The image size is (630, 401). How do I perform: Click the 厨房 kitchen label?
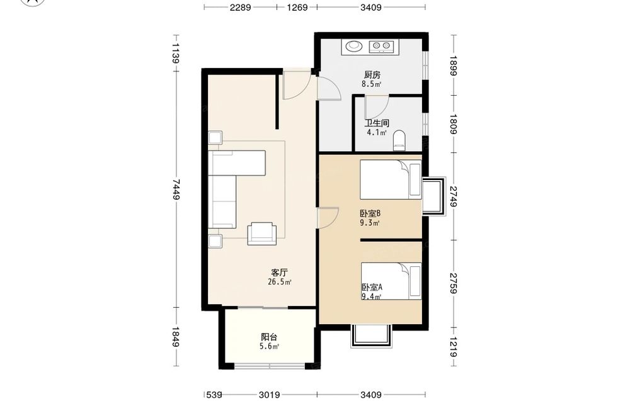tap(372, 75)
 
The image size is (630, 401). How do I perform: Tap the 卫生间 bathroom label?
tap(377, 123)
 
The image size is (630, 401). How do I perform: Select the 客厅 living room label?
tap(279, 273)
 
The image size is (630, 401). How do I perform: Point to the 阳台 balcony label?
tap(269, 337)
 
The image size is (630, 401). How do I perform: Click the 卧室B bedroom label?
tap(370, 213)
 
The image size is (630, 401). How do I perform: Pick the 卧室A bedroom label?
tap(372, 287)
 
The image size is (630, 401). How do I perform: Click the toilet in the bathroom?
tap(399, 140)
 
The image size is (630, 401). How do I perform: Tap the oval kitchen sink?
tap(354, 46)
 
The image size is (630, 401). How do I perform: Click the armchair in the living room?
tap(262, 233)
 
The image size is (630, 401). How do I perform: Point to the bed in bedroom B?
tap(391, 179)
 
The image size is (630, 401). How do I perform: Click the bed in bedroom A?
tap(391, 281)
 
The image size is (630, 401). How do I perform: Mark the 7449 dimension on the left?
tap(176, 189)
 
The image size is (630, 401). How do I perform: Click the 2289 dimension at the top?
tap(240, 7)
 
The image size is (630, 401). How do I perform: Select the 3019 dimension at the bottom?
tap(269, 395)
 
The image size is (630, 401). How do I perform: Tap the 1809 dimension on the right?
tap(453, 124)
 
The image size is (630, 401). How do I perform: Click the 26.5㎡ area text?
tap(279, 282)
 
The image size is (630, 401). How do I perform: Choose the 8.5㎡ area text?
tap(371, 84)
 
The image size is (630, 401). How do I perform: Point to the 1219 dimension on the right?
tap(453, 347)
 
